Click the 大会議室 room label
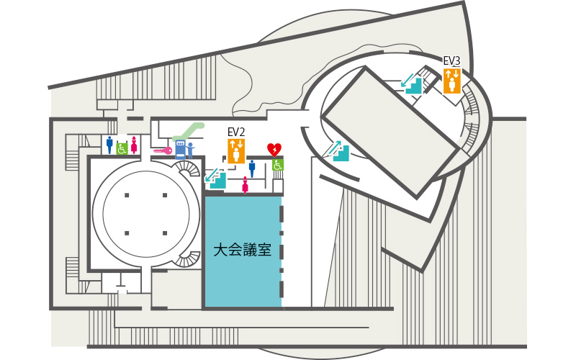click(243, 250)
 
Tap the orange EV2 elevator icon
click(236, 150)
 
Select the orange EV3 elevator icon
click(452, 81)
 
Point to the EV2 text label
click(236, 132)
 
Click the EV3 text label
click(452, 61)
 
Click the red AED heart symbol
click(274, 150)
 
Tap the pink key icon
click(163, 150)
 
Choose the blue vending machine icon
click(180, 149)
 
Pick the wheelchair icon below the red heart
click(277, 165)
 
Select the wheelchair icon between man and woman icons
click(122, 149)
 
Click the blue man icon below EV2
click(252, 168)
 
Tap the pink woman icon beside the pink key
click(134, 145)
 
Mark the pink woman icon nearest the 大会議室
click(245, 185)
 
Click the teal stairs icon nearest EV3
click(411, 84)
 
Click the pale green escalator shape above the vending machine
click(188, 132)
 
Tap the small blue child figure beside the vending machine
click(190, 150)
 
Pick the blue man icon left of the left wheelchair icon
click(109, 145)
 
